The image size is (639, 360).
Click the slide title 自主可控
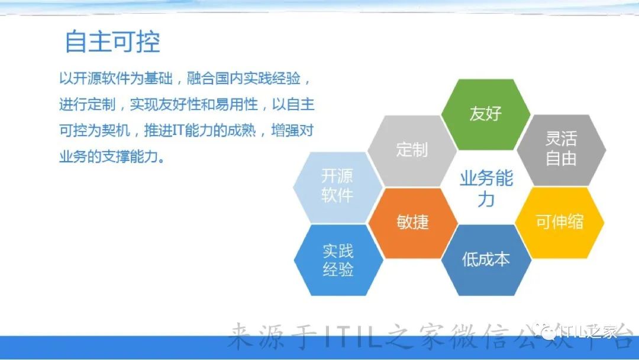pos(112,41)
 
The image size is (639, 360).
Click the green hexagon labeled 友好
pos(485,114)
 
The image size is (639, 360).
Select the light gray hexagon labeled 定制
pos(412,150)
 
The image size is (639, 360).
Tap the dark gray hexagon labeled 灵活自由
pos(561,150)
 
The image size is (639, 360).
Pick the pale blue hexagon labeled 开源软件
pos(338,187)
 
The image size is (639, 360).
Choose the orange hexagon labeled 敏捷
pos(412,223)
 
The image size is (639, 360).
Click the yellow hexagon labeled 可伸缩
pos(560,223)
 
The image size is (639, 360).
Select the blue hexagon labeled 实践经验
pos(338,260)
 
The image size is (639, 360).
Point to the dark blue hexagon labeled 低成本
pos(486,260)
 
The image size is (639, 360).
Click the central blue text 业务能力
pos(486,189)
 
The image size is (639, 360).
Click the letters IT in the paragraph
pos(179,131)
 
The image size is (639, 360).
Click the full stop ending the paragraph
pos(162,160)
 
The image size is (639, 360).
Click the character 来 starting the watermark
pos(240,336)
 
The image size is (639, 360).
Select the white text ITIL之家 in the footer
pos(589,332)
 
